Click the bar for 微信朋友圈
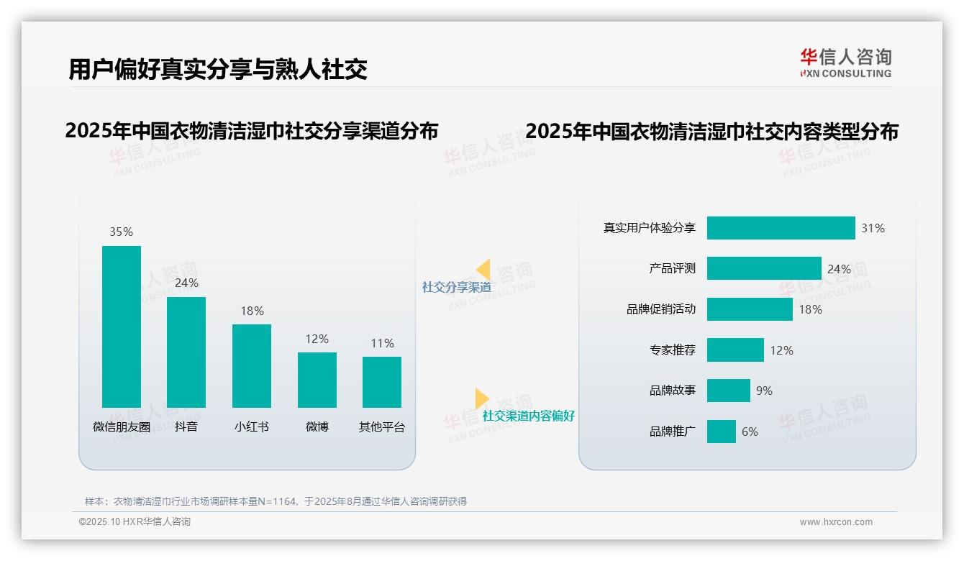click(122, 327)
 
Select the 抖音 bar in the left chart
click(186, 352)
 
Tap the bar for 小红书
click(252, 365)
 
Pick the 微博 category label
click(317, 427)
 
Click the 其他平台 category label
click(382, 427)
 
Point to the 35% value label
click(121, 232)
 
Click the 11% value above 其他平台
click(382, 343)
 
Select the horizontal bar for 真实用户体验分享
click(781, 228)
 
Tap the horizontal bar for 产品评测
click(764, 268)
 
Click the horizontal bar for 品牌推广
click(721, 432)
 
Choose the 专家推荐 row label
click(672, 350)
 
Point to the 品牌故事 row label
click(672, 391)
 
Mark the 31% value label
click(873, 228)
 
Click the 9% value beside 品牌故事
click(764, 391)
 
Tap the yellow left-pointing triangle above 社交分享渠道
click(483, 270)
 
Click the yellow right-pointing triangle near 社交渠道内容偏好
click(481, 398)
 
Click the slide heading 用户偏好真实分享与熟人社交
click(218, 69)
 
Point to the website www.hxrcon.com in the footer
click(836, 522)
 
